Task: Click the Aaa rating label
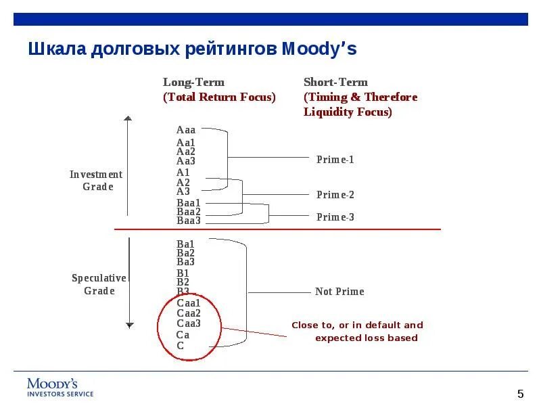186,130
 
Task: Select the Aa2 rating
186,152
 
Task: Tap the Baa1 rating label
189,203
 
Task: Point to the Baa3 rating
189,221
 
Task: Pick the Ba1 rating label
185,244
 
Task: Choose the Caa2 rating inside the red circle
189,313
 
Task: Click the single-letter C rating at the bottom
181,346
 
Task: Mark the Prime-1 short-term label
335,160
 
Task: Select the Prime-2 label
335,195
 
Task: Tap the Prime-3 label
335,217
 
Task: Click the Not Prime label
339,292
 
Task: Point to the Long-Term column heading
193,83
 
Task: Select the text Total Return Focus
219,97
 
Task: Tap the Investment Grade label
97,181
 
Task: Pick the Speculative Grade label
99,284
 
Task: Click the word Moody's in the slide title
319,49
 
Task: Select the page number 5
520,394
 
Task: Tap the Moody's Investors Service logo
60,387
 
